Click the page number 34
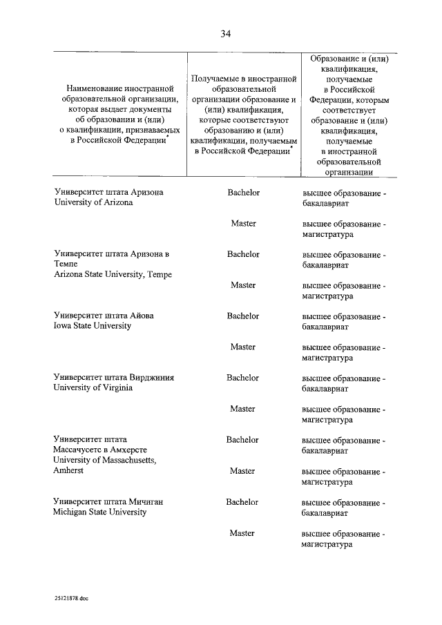225,34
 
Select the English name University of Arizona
93,203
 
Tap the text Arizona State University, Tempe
113,275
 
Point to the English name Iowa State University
93,326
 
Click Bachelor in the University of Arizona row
243,193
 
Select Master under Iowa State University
243,347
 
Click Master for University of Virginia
243,409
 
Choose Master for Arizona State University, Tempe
243,285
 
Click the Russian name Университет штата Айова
104,316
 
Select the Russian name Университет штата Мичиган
108,502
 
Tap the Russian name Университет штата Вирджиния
113,378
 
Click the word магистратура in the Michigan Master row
327,544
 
